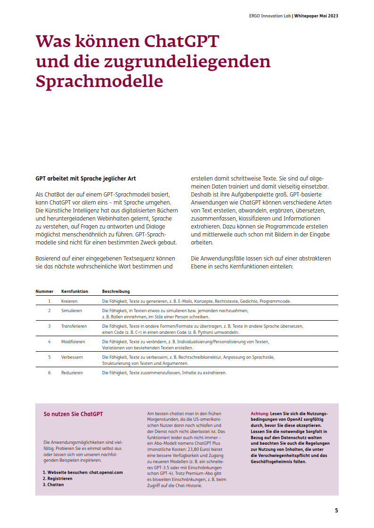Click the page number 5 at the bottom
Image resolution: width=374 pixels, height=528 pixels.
pyautogui.click(x=336, y=510)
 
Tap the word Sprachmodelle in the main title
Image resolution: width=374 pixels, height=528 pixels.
pyautogui.click(x=99, y=81)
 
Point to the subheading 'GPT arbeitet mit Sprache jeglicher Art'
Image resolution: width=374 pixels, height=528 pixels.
pyautogui.click(x=86, y=179)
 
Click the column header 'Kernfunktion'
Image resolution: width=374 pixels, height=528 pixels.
pyautogui.click(x=74, y=292)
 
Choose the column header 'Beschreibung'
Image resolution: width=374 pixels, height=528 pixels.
pyautogui.click(x=116, y=292)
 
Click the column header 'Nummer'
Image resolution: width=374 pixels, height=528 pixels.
pyautogui.click(x=44, y=292)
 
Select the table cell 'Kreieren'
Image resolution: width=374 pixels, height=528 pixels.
pyautogui.click(x=69, y=301)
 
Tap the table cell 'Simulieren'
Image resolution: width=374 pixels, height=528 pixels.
pyautogui.click(x=72, y=311)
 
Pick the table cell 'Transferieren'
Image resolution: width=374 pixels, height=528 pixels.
pyautogui.click(x=74, y=326)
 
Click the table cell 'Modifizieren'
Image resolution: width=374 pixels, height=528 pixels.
pyautogui.click(x=73, y=342)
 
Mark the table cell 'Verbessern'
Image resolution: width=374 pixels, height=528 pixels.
pyautogui.click(x=72, y=357)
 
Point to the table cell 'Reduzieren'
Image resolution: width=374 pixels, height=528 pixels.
pyautogui.click(x=72, y=373)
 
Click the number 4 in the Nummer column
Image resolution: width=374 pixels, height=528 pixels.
pyautogui.click(x=49, y=342)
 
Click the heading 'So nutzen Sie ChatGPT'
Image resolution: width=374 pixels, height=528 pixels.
pyautogui.click(x=73, y=414)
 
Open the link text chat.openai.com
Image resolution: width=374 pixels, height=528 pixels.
pyautogui.click(x=106, y=472)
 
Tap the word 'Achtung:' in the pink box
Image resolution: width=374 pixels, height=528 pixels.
pyautogui.click(x=260, y=413)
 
